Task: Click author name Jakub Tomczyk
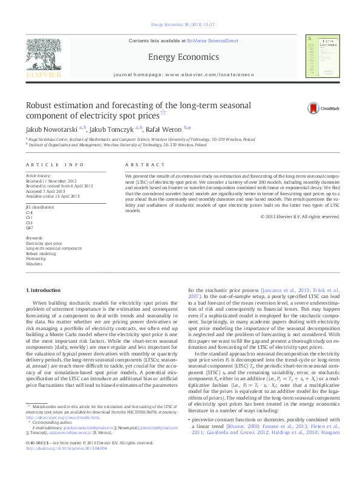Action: click(113, 129)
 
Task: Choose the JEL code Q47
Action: click(29, 227)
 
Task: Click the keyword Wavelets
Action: click(33, 264)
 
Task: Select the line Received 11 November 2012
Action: click(51, 181)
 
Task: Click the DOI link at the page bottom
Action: click(66, 465)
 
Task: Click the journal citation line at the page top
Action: click(180, 25)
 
